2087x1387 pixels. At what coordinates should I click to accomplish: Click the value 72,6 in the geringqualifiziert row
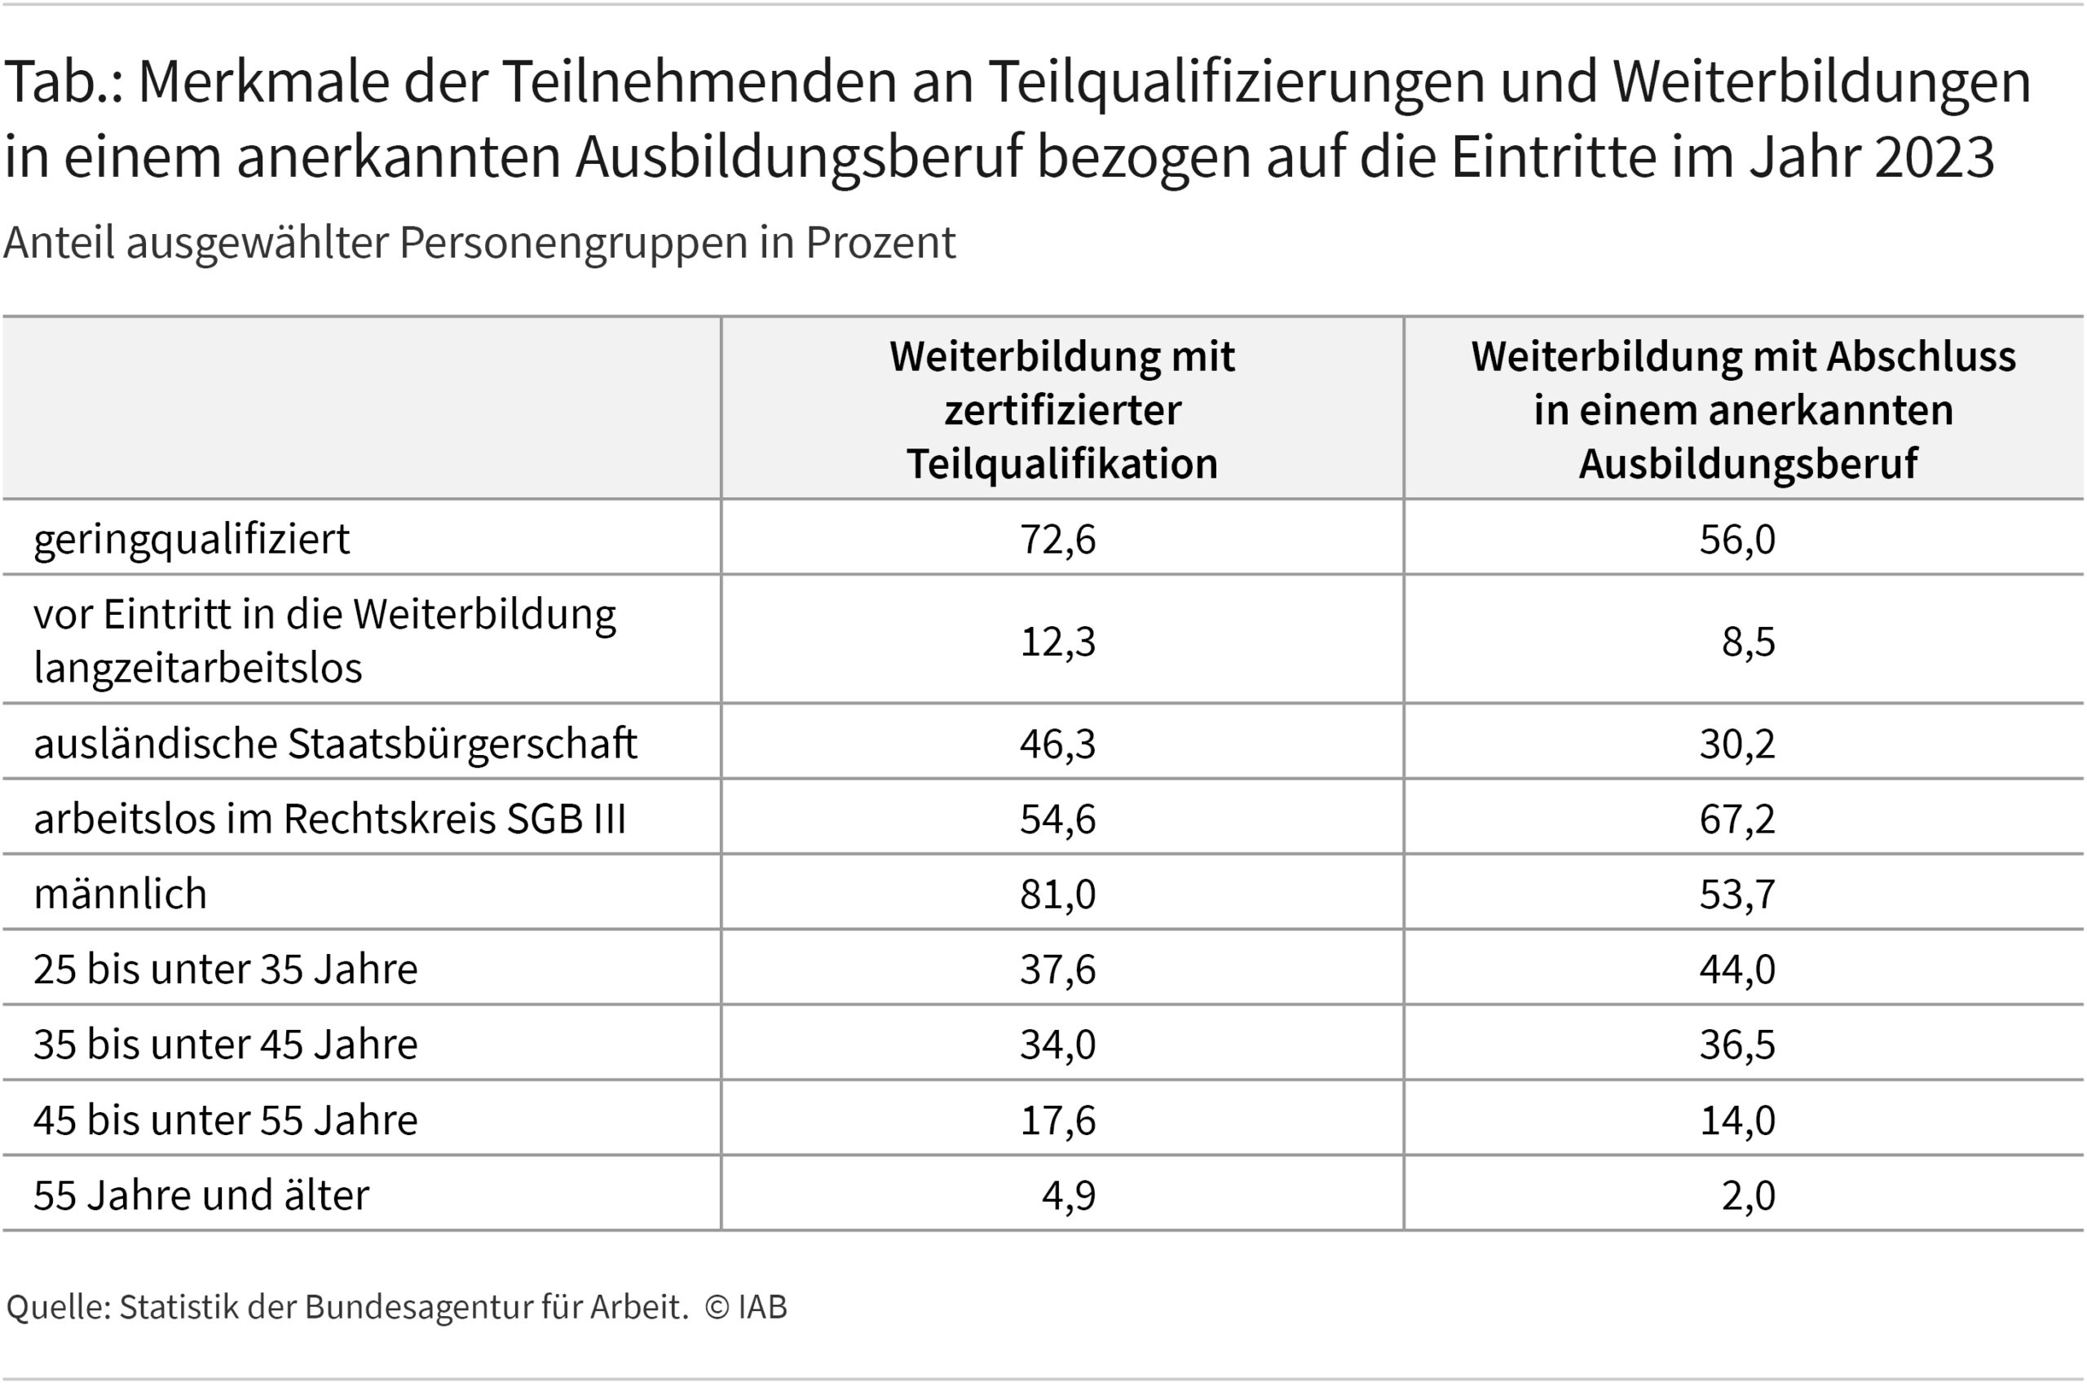1057,539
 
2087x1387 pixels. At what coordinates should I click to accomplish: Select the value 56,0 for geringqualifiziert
1736,539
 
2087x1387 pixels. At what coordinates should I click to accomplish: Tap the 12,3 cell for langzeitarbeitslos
1057,641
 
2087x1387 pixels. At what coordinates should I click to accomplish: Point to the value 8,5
1749,641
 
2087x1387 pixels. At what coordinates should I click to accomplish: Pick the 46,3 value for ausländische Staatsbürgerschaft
1057,743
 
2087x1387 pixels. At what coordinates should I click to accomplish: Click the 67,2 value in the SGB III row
1736,818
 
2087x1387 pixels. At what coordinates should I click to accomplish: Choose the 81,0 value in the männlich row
1057,894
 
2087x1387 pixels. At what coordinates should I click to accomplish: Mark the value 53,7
1736,894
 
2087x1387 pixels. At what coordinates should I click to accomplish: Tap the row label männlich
121,894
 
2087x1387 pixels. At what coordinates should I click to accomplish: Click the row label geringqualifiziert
192,539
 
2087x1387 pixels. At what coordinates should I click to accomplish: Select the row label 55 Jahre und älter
201,1195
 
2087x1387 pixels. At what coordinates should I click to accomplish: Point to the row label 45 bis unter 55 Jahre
226,1119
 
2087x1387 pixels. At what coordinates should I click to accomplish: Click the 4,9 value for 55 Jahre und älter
1068,1195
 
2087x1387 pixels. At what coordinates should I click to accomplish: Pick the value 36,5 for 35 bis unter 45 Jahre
1736,1044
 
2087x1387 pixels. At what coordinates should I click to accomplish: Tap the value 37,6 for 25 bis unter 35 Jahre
1057,969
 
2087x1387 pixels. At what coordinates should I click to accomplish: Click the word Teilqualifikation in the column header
1062,463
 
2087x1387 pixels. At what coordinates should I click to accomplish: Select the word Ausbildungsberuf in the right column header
1747,463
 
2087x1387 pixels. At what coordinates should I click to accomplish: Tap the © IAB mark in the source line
745,1306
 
